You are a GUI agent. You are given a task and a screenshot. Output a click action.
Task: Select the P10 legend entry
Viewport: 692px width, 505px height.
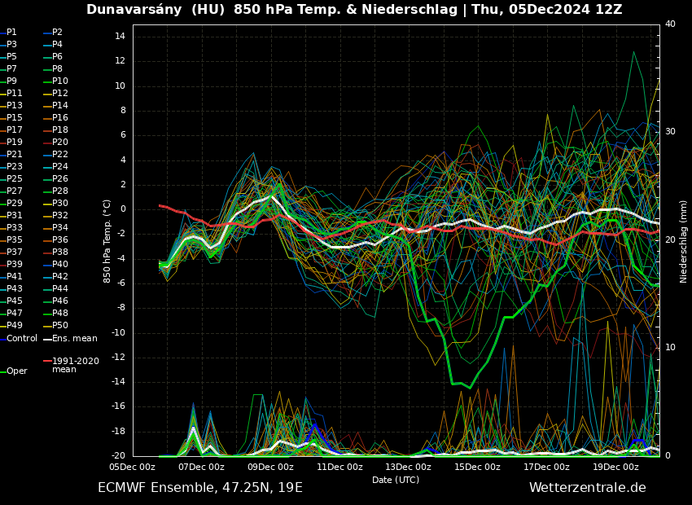pyautogui.click(x=60, y=81)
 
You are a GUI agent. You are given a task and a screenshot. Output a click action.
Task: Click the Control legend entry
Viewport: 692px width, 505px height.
pyautogui.click(x=22, y=339)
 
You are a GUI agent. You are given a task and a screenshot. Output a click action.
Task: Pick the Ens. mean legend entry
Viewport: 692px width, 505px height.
pyautogui.click(x=74, y=339)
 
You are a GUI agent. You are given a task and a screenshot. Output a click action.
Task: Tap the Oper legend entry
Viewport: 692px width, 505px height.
pyautogui.click(x=17, y=371)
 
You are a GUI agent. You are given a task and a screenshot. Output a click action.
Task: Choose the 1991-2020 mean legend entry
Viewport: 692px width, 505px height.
pyautogui.click(x=75, y=365)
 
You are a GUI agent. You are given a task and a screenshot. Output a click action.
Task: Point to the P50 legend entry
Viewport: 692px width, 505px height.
pyautogui.click(x=60, y=326)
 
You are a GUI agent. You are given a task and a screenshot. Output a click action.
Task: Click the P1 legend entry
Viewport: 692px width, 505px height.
pyautogui.click(x=11, y=33)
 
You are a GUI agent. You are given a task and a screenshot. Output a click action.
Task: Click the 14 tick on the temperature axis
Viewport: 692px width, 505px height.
pyautogui.click(x=119, y=37)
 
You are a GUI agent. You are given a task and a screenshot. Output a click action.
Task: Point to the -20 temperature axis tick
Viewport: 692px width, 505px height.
pyautogui.click(x=116, y=456)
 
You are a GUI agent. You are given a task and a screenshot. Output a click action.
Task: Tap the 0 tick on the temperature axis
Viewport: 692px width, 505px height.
pyautogui.click(x=121, y=209)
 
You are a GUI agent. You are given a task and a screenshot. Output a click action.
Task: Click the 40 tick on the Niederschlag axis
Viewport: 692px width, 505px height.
pyautogui.click(x=670, y=24)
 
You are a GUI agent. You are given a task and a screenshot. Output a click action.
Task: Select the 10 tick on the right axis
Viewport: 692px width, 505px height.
pyautogui.click(x=670, y=348)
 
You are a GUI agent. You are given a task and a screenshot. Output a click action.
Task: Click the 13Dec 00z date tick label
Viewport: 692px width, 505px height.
pyautogui.click(x=409, y=468)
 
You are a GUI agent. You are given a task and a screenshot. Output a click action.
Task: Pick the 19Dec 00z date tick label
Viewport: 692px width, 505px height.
pyautogui.click(x=615, y=468)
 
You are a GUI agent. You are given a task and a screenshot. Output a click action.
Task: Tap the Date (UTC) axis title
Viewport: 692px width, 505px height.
pyautogui.click(x=396, y=481)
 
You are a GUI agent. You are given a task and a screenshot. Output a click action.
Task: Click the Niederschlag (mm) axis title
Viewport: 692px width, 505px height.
pyautogui.click(x=684, y=241)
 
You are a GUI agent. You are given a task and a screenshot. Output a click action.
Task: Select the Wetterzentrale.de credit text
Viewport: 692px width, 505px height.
pyautogui.click(x=587, y=488)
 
